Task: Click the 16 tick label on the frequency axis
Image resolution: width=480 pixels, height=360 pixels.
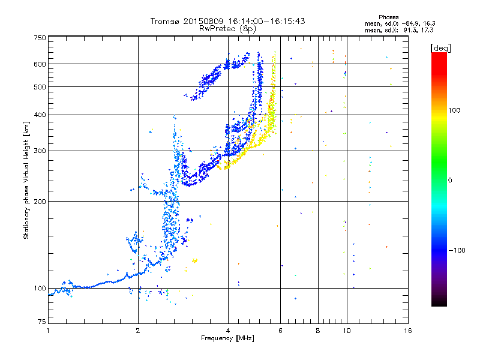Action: [407, 331]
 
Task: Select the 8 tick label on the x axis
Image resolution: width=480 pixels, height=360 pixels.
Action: [318, 331]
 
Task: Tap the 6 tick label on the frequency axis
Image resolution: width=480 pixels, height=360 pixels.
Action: [280, 331]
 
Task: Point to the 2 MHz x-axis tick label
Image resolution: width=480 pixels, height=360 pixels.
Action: [138, 331]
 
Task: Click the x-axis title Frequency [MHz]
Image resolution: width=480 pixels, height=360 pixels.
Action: [227, 338]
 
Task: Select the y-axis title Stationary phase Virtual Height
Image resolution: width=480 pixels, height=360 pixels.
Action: [27, 180]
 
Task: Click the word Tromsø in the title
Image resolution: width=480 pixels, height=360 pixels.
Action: [166, 21]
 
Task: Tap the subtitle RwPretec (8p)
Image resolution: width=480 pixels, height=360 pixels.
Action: [227, 28]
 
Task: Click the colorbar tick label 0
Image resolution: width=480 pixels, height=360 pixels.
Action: [449, 180]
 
